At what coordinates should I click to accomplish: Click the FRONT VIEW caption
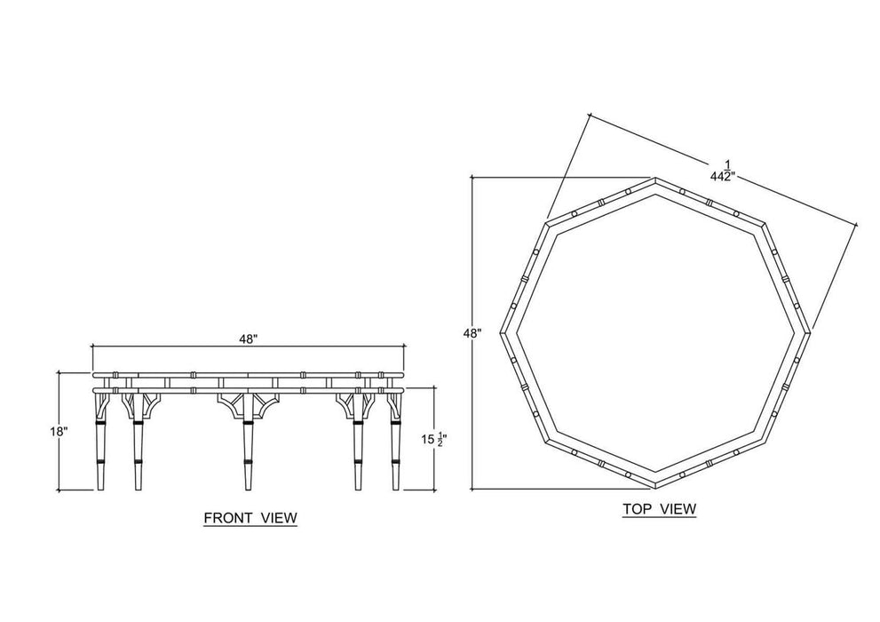point(250,517)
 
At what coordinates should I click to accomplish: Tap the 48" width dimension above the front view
point(248,339)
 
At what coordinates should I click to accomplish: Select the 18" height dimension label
point(59,431)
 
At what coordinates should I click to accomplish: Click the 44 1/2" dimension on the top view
point(722,171)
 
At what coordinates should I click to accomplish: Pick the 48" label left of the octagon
point(472,333)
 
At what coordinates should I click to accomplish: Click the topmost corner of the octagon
point(655,179)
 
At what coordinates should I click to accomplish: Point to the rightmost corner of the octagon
point(810,333)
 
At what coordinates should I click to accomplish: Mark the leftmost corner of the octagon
point(501,333)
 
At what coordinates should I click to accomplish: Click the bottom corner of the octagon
point(655,487)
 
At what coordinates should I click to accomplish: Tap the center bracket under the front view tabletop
point(247,403)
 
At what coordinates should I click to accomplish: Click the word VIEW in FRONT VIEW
point(278,517)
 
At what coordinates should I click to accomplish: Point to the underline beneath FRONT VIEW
point(250,527)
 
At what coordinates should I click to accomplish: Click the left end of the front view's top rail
point(94,374)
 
